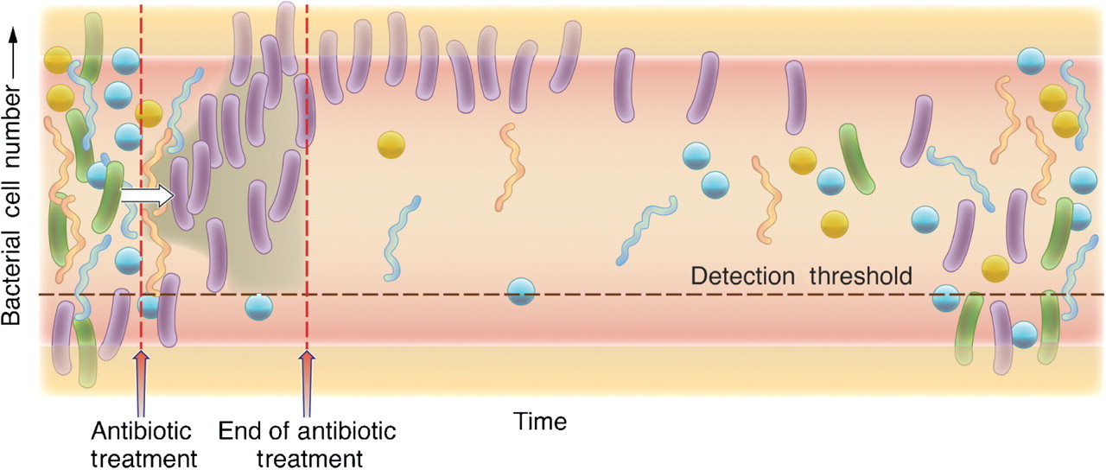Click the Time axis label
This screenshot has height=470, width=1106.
click(541, 422)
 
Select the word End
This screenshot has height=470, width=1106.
click(237, 429)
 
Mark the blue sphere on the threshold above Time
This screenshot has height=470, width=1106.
click(521, 292)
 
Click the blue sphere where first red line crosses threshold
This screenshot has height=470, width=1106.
click(149, 304)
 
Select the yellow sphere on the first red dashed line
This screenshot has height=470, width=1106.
click(148, 113)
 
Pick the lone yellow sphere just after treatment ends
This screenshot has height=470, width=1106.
click(391, 144)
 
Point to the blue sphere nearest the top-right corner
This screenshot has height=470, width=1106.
click(1031, 60)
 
